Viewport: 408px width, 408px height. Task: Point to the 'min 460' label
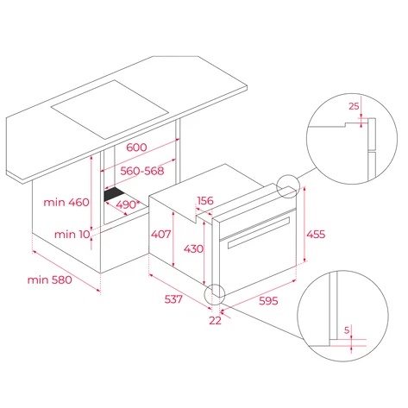[x=66, y=202]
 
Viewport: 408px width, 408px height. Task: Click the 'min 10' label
[x=73, y=234]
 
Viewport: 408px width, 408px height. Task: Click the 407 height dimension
[x=162, y=233]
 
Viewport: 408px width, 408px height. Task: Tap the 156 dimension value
[x=204, y=201]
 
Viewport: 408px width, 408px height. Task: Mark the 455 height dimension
[x=317, y=234]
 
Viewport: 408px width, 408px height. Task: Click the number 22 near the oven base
[x=215, y=320]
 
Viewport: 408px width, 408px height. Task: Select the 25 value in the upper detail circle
[x=354, y=106]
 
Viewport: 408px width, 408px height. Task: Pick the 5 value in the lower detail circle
[x=346, y=330]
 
